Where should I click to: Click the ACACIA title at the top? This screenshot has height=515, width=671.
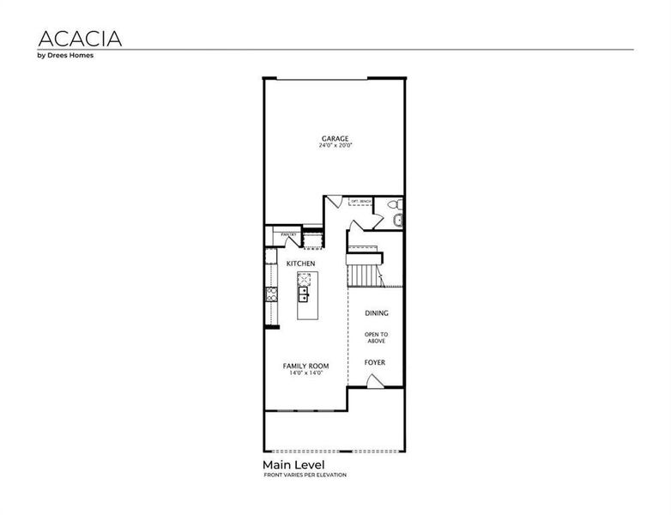click(x=80, y=39)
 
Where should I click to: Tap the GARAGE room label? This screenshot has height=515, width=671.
click(x=335, y=138)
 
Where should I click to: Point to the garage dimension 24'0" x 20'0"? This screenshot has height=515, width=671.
click(x=335, y=146)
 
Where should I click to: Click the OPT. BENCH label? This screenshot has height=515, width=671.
click(x=360, y=201)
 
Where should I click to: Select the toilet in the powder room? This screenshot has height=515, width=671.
click(x=393, y=205)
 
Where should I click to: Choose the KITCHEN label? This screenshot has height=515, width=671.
click(x=300, y=263)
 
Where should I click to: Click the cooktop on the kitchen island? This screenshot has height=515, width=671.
click(x=304, y=279)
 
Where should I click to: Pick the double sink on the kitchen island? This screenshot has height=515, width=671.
click(x=304, y=295)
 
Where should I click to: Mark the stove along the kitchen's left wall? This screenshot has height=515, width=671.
click(x=271, y=295)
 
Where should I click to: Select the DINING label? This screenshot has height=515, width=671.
click(x=376, y=313)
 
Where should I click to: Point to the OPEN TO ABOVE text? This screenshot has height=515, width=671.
click(x=376, y=337)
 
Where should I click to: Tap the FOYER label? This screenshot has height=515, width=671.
click(x=374, y=362)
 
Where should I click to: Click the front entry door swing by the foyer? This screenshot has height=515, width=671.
click(x=374, y=380)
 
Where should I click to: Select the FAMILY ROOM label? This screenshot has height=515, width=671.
click(x=306, y=366)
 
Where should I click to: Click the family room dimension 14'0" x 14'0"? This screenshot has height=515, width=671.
click(x=306, y=373)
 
